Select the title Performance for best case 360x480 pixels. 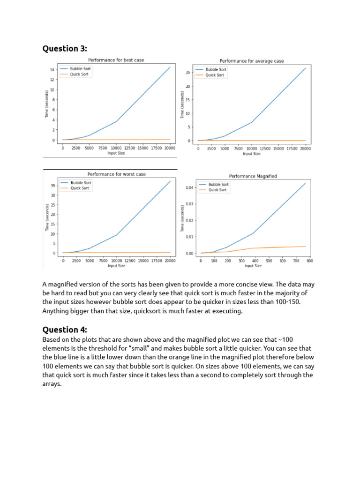pos(116,60)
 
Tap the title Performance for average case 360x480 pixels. pos(252,61)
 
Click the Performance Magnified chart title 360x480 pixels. pos(253,176)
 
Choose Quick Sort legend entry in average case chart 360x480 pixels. pos(216,75)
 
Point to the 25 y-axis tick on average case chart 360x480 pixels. pos(187,73)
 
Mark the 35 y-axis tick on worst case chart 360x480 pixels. pos(52,186)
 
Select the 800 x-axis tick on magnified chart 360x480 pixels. pos(310,261)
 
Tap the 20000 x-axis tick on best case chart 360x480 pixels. pos(170,148)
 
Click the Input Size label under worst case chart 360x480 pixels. pos(117,266)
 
